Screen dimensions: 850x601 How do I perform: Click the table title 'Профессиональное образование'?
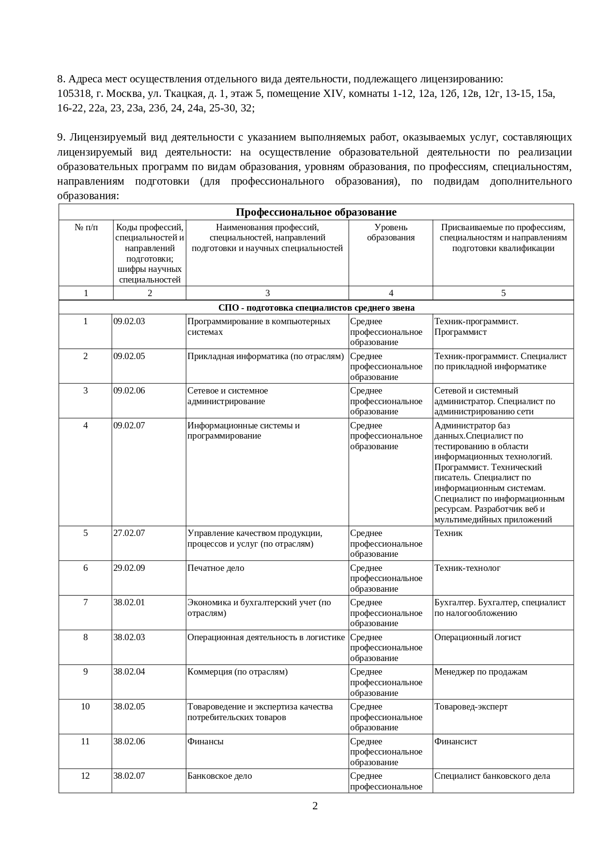(316, 212)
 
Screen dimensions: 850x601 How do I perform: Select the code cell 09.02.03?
(129, 321)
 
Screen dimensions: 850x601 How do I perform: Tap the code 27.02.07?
(129, 533)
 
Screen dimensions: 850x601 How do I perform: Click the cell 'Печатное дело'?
(216, 568)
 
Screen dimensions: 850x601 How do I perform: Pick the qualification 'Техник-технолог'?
(467, 568)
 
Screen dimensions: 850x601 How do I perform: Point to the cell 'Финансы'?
(205, 741)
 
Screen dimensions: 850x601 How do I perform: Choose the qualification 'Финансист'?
(455, 741)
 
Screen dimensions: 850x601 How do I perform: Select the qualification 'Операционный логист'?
(478, 637)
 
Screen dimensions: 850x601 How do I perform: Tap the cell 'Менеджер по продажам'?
(480, 672)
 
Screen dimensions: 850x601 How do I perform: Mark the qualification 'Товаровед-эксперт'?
(471, 707)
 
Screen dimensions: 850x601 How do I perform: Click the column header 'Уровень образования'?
(390, 233)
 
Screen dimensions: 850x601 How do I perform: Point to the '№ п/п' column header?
(86, 227)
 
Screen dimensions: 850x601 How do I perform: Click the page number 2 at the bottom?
(315, 806)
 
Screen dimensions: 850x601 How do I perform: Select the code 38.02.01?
(129, 602)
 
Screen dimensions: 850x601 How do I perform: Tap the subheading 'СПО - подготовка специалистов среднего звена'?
(316, 308)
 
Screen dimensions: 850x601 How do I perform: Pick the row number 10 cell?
(85, 707)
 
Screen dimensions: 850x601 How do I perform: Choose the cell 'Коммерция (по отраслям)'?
(237, 672)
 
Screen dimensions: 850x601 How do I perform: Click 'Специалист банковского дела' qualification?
(492, 776)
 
